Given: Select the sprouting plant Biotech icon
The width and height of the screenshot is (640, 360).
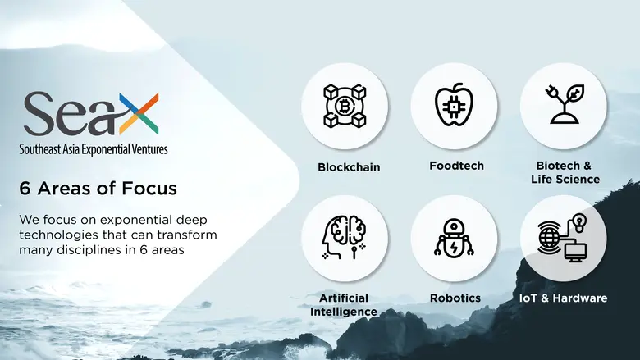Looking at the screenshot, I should click(564, 106).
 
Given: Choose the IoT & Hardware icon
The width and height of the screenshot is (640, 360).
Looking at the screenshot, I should click(564, 238).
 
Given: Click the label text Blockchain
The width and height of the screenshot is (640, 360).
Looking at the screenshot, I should click(349, 167).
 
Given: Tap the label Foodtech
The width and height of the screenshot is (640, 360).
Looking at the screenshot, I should click(456, 166).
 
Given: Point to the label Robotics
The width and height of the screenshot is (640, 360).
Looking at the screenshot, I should click(455, 298).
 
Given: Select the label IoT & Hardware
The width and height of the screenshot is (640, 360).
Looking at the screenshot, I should click(564, 298).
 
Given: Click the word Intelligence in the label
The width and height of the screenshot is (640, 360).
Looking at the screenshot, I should click(344, 312).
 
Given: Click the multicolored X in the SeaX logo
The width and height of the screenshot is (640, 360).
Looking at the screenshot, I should click(138, 114).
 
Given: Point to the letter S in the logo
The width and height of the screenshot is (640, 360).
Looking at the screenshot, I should click(39, 115).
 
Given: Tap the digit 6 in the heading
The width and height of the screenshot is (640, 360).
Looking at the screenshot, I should click(25, 189).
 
